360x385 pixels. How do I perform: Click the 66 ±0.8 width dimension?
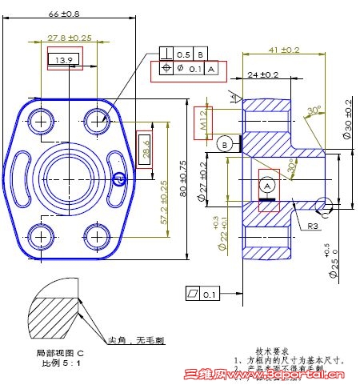[64, 14]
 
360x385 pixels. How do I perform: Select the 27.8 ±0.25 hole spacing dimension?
[69, 38]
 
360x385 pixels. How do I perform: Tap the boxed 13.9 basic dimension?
[65, 60]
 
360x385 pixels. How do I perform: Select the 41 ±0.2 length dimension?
[284, 50]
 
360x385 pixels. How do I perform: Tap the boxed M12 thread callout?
[203, 120]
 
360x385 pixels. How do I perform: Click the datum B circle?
[224, 144]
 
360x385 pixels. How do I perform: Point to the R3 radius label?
[315, 226]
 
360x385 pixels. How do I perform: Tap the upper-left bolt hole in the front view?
[41, 121]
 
